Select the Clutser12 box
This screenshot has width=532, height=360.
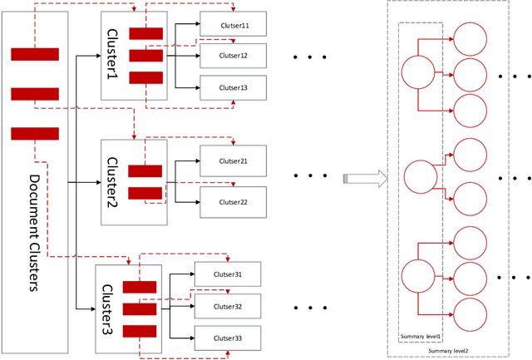click(x=234, y=56)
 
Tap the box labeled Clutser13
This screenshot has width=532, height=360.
click(x=234, y=86)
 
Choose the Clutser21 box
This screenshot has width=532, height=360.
click(x=234, y=160)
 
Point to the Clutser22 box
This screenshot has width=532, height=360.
click(x=234, y=202)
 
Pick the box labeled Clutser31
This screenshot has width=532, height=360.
click(x=228, y=274)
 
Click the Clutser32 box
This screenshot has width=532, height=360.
click(x=228, y=306)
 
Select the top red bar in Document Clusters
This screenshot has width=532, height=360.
click(x=34, y=55)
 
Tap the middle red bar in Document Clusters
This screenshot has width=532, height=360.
click(x=34, y=93)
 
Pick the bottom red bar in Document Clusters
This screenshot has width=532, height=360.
click(x=34, y=133)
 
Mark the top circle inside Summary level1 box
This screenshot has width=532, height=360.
click(x=418, y=72)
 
